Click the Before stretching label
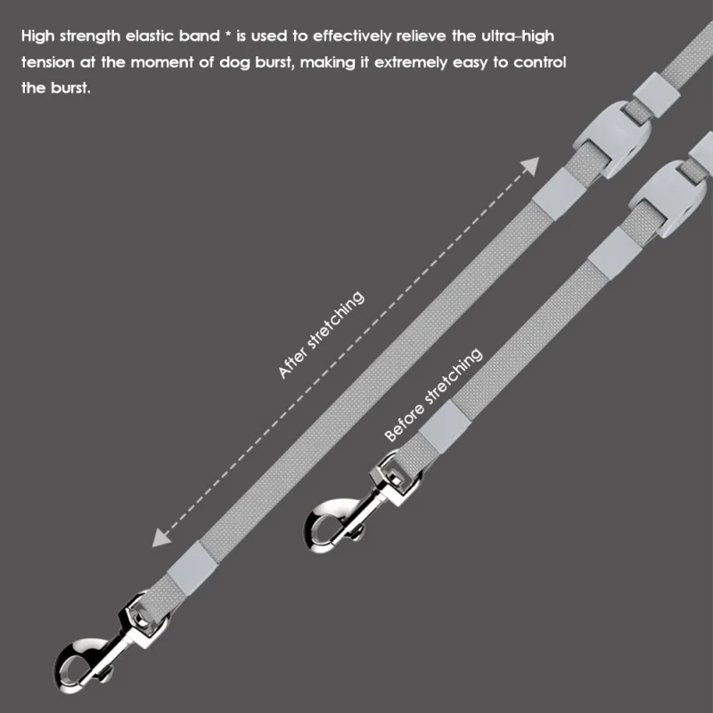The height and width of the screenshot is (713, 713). click(433, 394)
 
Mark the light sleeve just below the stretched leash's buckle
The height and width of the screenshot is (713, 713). click(554, 188)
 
